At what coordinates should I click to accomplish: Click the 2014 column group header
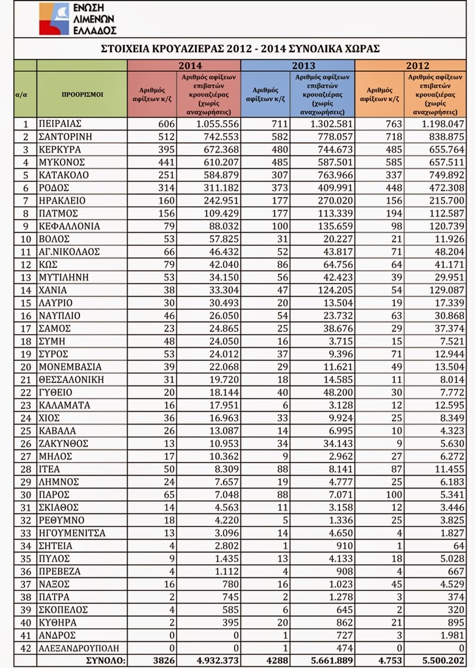click(184, 65)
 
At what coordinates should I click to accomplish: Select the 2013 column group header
click(298, 65)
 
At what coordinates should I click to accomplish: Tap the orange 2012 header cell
click(410, 65)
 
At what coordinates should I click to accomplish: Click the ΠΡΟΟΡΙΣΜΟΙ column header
click(82, 94)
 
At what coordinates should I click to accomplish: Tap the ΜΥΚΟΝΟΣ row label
click(65, 162)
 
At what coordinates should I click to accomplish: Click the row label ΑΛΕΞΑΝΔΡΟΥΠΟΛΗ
click(82, 648)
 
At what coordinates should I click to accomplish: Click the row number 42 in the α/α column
click(25, 648)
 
